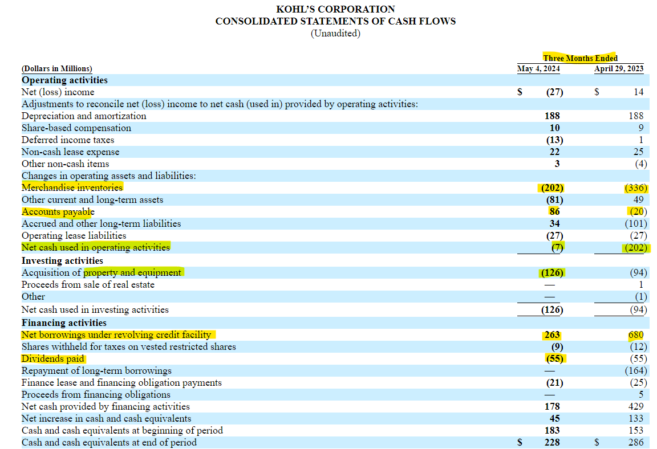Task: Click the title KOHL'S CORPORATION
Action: pos(335,9)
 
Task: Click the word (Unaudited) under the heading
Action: pos(335,33)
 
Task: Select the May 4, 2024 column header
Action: pos(538,69)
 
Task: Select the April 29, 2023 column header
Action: pos(619,69)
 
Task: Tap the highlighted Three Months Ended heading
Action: pos(580,58)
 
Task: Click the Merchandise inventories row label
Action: pos(72,187)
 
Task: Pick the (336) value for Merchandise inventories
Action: pos(636,187)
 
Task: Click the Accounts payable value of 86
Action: pos(554,211)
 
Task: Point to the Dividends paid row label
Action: pos(53,359)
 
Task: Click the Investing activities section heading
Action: pos(63,260)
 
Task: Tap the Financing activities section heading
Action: pos(64,323)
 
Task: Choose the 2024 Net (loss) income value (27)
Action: pos(554,92)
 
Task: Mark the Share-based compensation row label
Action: pos(76,128)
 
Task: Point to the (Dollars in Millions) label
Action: pos(56,69)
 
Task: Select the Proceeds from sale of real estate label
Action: pos(88,284)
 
